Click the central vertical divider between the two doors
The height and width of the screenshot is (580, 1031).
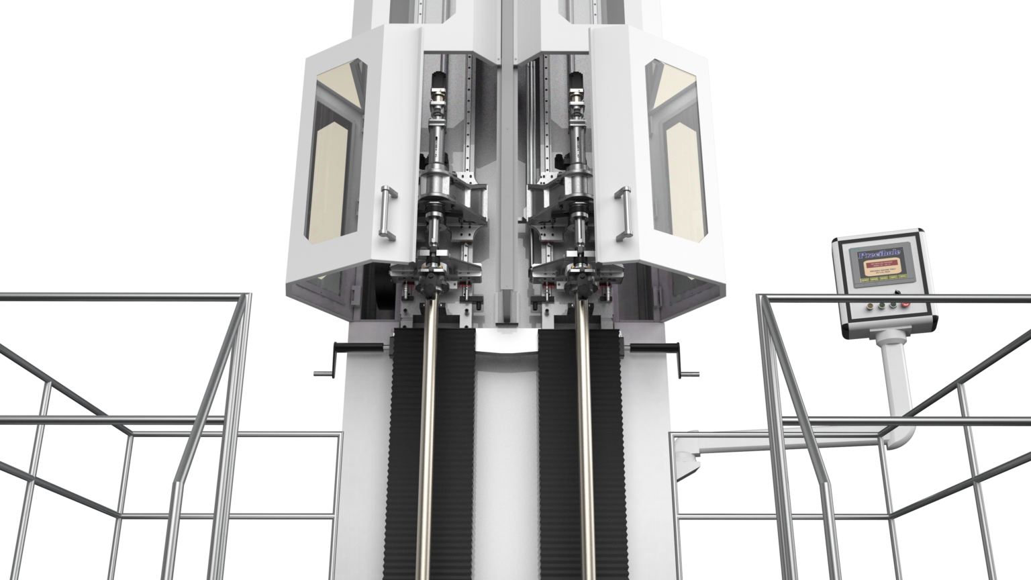tap(504, 168)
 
